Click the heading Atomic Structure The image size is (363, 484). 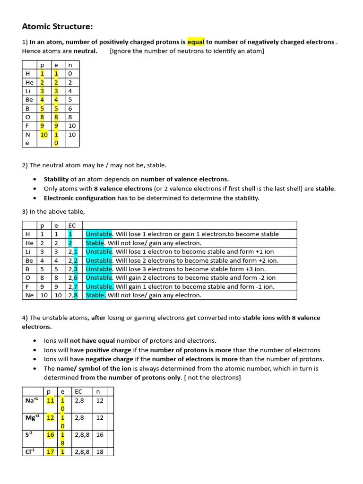click(58, 26)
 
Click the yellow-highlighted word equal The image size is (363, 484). click(196, 42)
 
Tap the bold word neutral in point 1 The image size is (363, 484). click(86, 51)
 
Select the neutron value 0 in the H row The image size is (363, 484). click(70, 74)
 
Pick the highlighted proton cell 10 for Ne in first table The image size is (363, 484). click(44, 135)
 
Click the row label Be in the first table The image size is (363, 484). click(29, 100)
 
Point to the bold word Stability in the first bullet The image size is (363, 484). click(56, 179)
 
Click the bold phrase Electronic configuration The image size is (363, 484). click(79, 198)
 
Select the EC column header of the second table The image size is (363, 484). click(72, 225)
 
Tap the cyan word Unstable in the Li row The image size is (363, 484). click(99, 251)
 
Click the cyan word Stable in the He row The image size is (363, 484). click(95, 243)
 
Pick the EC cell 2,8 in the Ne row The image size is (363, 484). click(73, 295)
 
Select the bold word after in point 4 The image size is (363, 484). click(98, 318)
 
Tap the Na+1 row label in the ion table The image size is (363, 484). click(31, 400)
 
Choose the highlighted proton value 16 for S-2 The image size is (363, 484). click(51, 434)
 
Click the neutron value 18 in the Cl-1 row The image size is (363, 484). click(100, 452)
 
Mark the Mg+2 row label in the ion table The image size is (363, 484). click(33, 417)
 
